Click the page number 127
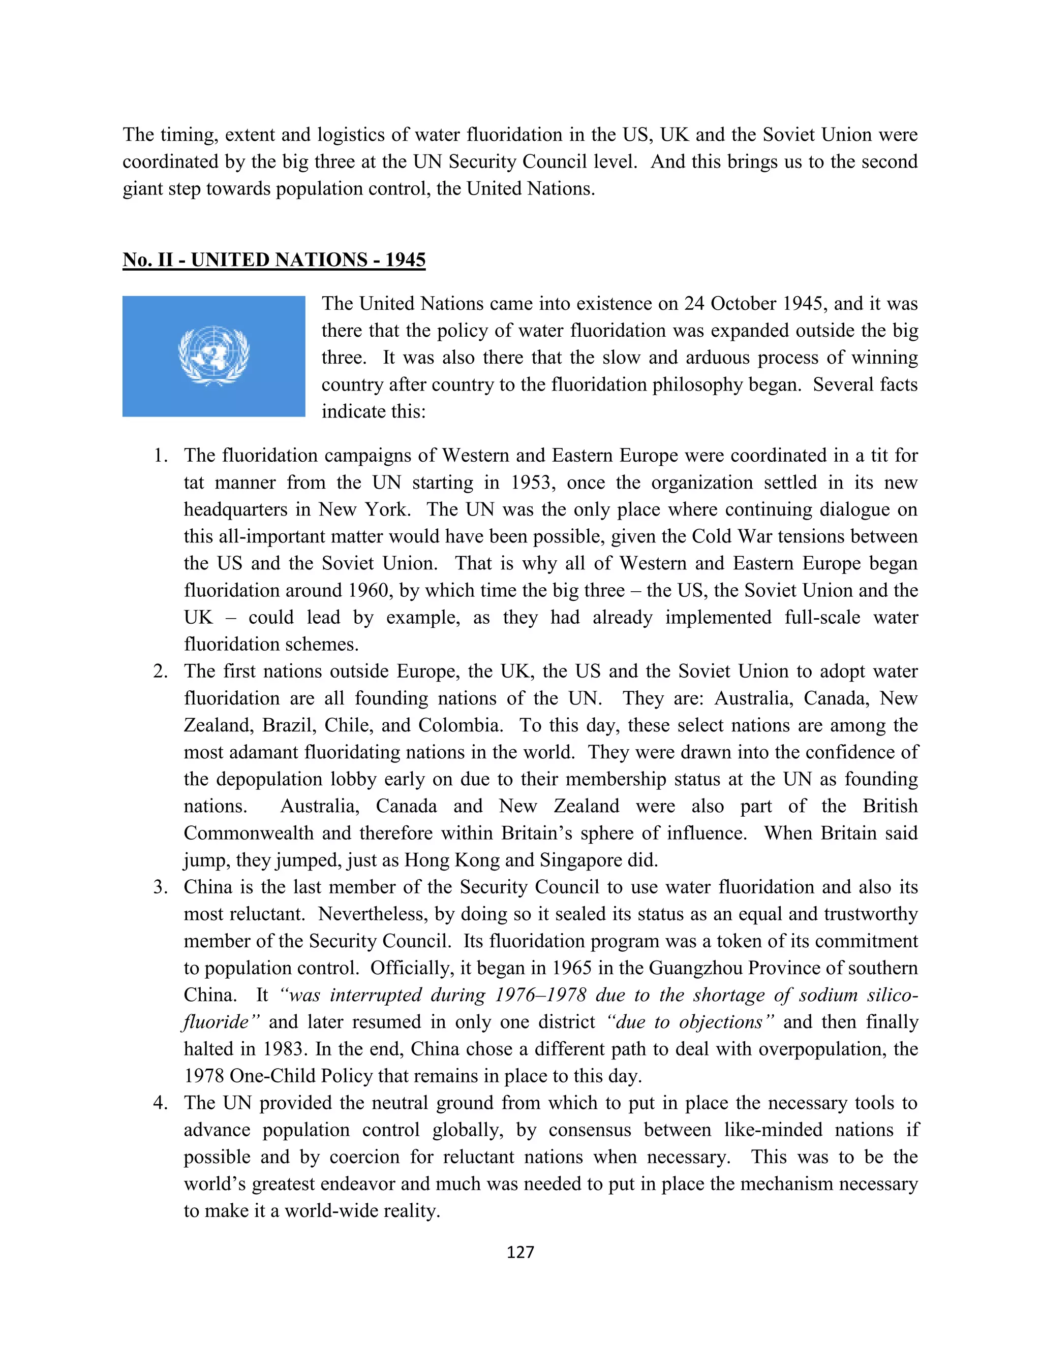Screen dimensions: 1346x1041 [x=520, y=1252]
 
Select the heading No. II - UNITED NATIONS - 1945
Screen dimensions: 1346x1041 [x=274, y=260]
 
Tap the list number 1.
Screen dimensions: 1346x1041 [x=160, y=456]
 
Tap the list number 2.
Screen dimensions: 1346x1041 [x=160, y=671]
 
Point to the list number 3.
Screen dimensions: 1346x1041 [x=160, y=887]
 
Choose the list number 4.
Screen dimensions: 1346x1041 [x=160, y=1103]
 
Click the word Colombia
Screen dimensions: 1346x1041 [x=459, y=725]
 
